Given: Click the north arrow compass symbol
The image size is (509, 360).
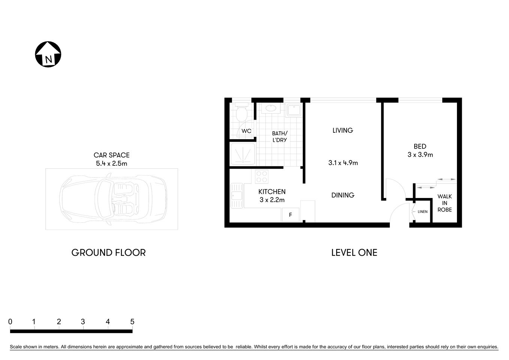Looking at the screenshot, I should tap(48, 54).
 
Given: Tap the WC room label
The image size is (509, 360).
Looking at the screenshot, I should tap(246, 131).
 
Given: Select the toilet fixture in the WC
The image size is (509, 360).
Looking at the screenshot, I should tap(241, 111).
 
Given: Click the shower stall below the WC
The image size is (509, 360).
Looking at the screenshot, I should tap(243, 154).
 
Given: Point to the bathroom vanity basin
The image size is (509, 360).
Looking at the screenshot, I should tap(270, 109).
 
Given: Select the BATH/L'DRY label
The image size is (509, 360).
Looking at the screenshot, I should tap(280, 136).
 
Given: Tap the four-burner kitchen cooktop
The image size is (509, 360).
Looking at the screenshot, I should tap(262, 176).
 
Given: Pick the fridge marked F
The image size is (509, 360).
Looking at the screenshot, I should tap(290, 215).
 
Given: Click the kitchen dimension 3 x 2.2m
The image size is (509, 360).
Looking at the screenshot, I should tap(272, 200).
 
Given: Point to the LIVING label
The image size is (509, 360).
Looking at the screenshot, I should tap(343, 130).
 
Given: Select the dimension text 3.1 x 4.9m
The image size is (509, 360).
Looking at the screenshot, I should tap(343, 163).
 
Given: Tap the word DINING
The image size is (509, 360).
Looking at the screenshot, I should tap(343, 195).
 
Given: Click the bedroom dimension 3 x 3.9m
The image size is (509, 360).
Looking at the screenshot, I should tap(420, 154).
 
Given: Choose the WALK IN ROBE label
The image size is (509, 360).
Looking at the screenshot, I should tap(445, 203).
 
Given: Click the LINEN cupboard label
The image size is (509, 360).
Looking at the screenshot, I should tap(422, 212).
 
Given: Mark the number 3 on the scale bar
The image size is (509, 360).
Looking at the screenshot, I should tap(83, 322).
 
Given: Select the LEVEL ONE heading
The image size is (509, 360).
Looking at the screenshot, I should tap(354, 253).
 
